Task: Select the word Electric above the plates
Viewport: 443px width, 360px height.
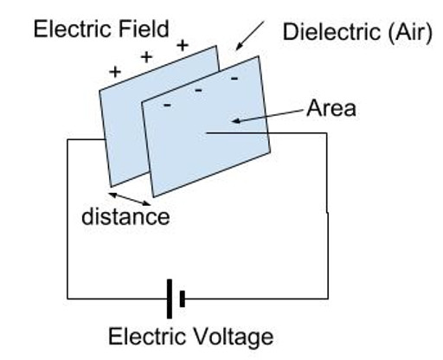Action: (x=67, y=29)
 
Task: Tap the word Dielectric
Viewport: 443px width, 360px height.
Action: (x=328, y=33)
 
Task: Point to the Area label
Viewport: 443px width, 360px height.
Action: (x=331, y=110)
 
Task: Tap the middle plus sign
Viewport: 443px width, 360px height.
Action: (x=146, y=57)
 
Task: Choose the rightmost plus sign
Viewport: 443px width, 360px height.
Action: (x=182, y=43)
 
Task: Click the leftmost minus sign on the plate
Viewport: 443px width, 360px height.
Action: (x=166, y=105)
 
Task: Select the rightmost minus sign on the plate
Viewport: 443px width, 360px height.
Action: (x=233, y=78)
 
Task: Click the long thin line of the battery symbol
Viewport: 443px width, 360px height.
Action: (x=170, y=299)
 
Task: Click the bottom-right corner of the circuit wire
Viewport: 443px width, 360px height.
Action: (x=327, y=299)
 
